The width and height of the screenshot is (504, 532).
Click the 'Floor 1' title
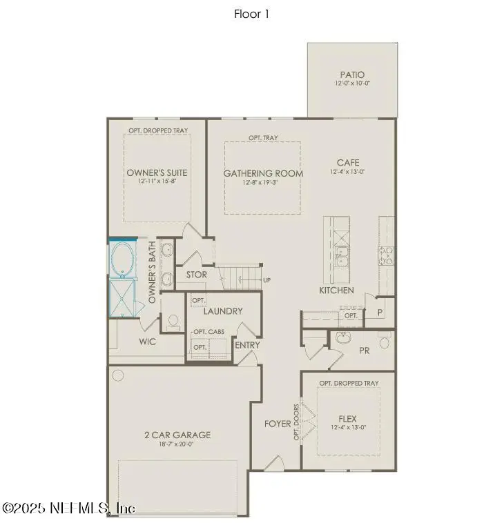click(x=251, y=14)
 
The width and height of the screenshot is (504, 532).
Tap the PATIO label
click(x=352, y=75)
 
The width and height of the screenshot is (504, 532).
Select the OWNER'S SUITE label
click(x=157, y=173)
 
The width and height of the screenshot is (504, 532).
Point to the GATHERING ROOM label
click(x=263, y=173)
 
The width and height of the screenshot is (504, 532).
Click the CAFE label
click(x=348, y=163)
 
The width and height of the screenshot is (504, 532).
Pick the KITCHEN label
click(x=336, y=290)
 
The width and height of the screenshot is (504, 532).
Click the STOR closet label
click(x=197, y=275)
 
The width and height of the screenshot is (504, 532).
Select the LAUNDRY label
click(x=222, y=311)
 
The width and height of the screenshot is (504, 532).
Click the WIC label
click(x=147, y=342)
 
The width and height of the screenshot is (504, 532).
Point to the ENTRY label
click(x=247, y=345)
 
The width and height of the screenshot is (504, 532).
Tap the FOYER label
click(x=278, y=423)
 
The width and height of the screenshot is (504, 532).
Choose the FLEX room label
click(x=348, y=418)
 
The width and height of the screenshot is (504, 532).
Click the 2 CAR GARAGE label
click(x=177, y=435)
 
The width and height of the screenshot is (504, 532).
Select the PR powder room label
click(x=365, y=351)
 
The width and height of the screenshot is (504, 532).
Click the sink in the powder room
click(x=343, y=338)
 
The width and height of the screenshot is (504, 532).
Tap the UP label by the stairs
click(x=266, y=280)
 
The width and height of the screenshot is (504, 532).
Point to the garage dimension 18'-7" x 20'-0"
click(x=177, y=445)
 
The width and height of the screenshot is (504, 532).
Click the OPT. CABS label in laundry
click(x=208, y=332)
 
